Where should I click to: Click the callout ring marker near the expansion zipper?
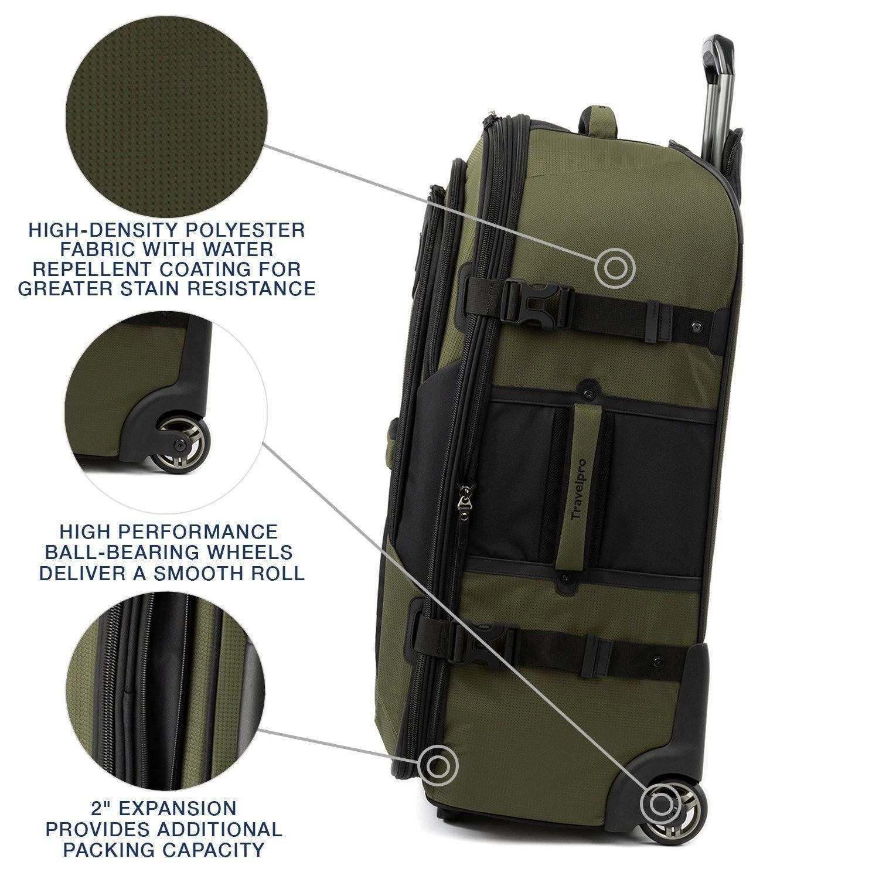coord(438,765)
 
